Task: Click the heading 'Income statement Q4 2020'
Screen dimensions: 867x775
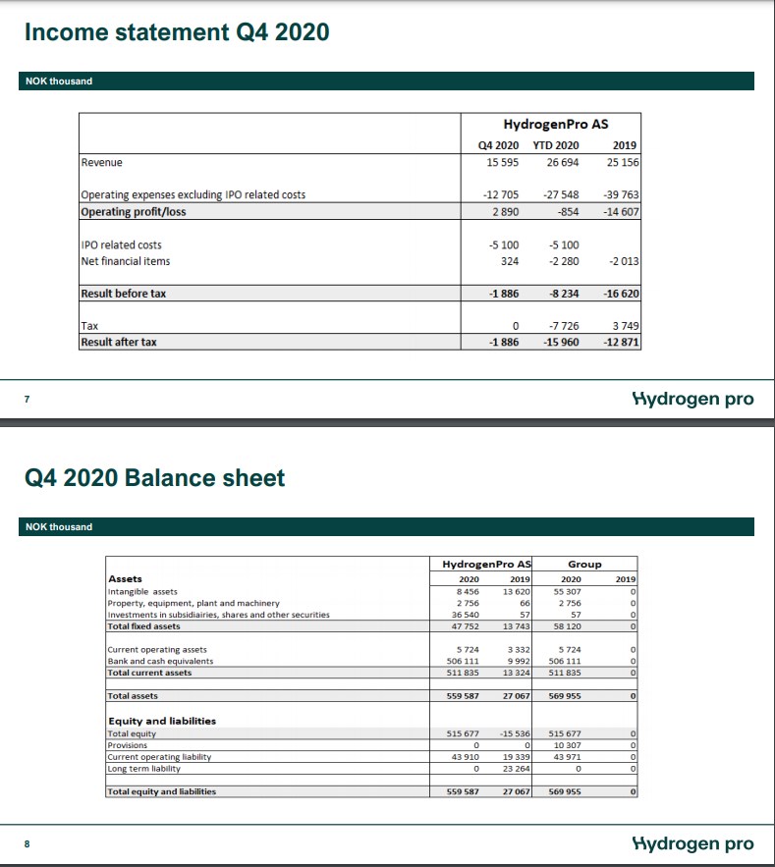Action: coord(177,32)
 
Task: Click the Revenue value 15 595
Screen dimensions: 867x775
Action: coord(503,162)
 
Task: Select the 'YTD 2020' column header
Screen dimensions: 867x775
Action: coord(556,146)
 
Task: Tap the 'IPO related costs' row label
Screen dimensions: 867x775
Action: coord(121,244)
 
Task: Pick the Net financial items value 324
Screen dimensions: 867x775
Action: coord(509,261)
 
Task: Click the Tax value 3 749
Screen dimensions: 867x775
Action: coord(624,325)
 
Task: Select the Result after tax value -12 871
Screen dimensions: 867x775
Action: coord(619,342)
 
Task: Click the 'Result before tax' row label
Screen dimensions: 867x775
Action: coord(124,294)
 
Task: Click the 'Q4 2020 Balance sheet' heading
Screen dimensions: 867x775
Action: coord(155,478)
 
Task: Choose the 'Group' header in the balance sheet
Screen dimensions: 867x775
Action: coord(584,564)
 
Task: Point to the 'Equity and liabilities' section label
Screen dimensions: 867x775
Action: coord(161,721)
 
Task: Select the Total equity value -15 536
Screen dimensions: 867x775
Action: coord(514,733)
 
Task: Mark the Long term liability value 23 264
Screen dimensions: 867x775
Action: coord(516,768)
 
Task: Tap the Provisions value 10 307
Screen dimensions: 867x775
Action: coord(569,745)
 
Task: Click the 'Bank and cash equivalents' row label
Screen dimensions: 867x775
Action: coord(159,661)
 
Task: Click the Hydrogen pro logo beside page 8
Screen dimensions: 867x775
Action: coord(694,843)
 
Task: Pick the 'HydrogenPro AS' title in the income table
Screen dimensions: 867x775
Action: coord(555,125)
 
